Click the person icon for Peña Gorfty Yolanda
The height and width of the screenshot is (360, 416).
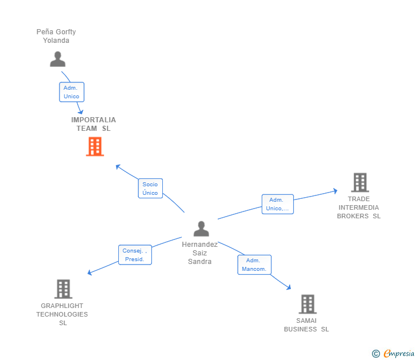coord(57,59)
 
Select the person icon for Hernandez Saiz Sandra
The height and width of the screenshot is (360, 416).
coord(201,229)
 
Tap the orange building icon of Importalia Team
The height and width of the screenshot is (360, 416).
coord(95,147)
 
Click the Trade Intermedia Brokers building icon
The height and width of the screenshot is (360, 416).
coord(360,182)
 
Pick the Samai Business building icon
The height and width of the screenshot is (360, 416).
coord(307,304)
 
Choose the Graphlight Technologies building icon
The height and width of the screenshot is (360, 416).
coord(63,289)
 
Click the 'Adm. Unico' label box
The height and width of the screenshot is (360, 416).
coord(71,92)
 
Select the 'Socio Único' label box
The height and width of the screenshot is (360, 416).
coord(150,189)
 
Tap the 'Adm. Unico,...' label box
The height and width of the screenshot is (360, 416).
coord(278,204)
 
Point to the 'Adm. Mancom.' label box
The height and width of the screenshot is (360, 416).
coord(254,265)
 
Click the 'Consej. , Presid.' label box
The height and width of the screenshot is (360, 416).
coord(135,255)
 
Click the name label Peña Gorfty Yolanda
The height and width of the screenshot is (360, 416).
coord(56,36)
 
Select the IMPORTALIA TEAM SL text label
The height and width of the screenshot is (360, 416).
coord(94,124)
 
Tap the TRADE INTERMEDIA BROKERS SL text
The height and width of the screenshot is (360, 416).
coord(359,207)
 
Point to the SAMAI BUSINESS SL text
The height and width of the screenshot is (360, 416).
coord(306,325)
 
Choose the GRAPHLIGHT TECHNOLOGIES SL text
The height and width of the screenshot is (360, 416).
coord(62,314)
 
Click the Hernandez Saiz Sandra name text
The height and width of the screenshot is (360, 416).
coord(200,253)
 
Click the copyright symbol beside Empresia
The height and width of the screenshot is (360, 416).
coord(376,354)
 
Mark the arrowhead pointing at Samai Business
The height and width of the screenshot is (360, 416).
coord(289,288)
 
